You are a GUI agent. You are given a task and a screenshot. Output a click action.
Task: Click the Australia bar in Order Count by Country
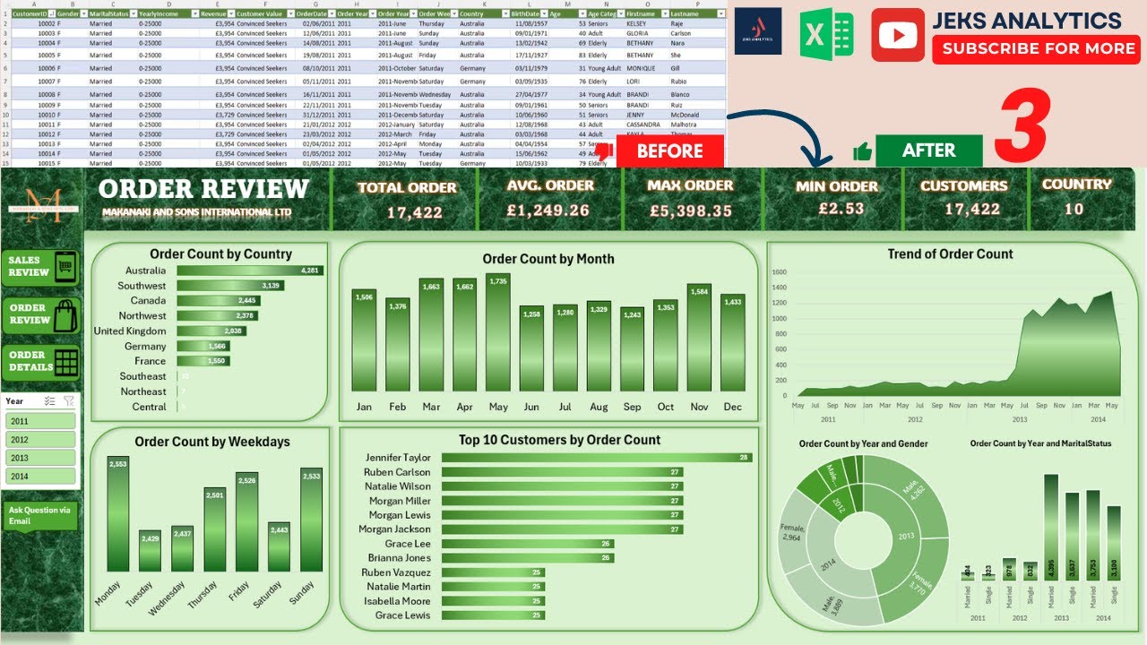point(249,271)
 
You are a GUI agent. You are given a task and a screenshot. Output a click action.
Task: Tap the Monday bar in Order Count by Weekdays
point(118,513)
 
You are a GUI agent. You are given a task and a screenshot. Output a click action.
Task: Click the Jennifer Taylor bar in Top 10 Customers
point(596,458)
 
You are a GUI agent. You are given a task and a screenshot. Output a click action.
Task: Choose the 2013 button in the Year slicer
point(40,458)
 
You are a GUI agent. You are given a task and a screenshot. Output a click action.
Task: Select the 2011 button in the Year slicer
point(40,421)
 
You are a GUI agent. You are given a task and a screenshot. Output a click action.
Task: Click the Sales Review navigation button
point(41,267)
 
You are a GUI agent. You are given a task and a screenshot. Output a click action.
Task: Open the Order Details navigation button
point(41,361)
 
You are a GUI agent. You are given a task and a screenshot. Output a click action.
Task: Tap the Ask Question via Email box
point(40,515)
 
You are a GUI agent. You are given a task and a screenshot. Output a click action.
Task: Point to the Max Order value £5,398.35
point(690,211)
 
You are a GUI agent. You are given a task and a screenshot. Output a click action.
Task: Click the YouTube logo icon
point(897,35)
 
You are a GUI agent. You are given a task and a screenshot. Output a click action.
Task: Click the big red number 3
point(1023,125)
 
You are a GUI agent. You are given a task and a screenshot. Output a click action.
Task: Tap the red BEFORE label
point(669,150)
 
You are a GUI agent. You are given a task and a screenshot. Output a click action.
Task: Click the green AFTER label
point(928,150)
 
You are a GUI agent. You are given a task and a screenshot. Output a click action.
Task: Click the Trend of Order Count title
point(950,254)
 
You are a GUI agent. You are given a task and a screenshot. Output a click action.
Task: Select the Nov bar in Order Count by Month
point(699,338)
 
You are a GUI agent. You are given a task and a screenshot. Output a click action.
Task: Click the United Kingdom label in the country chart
point(130,331)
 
